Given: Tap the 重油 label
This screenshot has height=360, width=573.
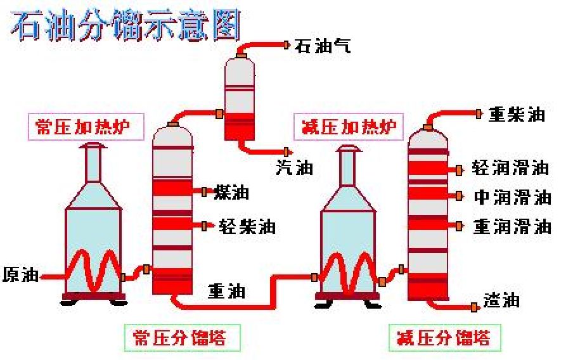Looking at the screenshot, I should pos(227,292).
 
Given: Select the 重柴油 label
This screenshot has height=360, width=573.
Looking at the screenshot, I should pos(517,114).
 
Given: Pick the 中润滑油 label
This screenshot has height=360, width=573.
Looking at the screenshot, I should pos(512,197).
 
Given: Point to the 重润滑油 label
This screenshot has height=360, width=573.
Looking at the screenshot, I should pos(512,226).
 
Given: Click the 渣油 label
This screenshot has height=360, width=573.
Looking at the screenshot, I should pos(501,300).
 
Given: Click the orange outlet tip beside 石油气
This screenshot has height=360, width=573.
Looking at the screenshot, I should pos(287,45).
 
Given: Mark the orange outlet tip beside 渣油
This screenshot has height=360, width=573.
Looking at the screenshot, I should pos(475,307).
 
